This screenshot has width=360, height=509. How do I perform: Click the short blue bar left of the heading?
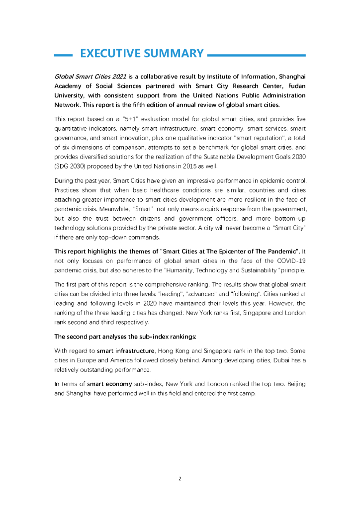(63, 55)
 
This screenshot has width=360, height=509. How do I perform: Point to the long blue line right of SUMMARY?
(256, 55)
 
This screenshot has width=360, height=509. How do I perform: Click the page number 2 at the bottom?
(180, 479)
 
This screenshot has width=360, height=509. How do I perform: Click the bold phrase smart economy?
(103, 384)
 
